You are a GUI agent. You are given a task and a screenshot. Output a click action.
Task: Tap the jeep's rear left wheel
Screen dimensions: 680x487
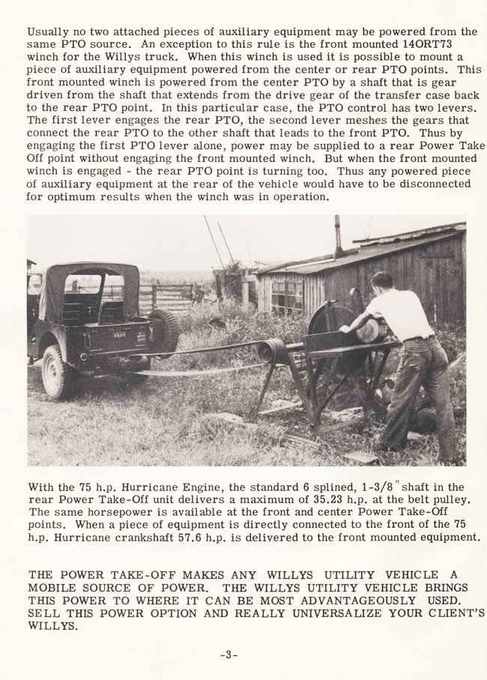[57, 370]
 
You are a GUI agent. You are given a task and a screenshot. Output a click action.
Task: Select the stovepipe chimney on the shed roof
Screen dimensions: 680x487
[338, 235]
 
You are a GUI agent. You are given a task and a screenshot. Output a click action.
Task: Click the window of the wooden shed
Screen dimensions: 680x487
[288, 295]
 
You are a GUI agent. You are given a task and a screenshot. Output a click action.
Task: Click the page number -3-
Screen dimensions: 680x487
[229, 655]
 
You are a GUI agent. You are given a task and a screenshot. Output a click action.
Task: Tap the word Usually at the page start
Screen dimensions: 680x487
[49, 32]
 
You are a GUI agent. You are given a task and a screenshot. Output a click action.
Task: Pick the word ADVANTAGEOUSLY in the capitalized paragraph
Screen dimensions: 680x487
[353, 601]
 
